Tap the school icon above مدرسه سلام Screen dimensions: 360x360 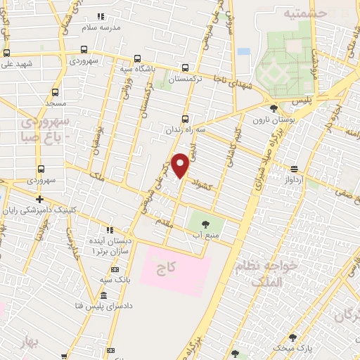point(101,15)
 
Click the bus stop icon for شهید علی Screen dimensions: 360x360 point(6,53)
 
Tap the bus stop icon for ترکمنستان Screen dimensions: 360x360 point(184,67)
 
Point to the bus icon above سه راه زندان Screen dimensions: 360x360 point(186,118)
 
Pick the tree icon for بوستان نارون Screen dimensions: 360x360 point(274,108)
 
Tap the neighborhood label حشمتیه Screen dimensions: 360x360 point(305,12)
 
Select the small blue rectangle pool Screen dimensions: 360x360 point(243,51)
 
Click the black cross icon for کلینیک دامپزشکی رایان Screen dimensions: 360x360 point(40,199)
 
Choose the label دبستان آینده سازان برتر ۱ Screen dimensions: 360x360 point(110,245)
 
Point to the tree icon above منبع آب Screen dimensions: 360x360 point(205,223)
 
